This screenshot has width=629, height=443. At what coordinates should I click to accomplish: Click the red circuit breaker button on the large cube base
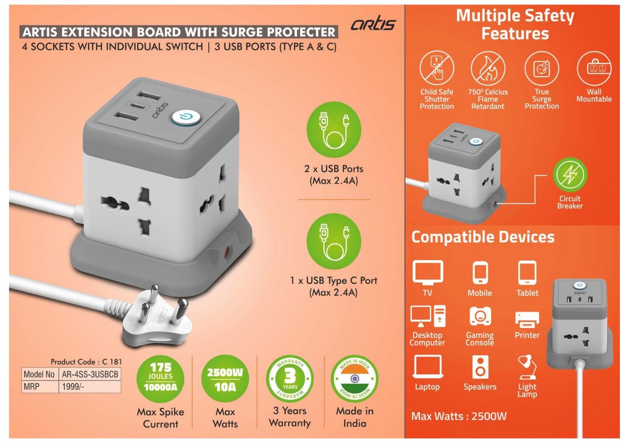(225, 252)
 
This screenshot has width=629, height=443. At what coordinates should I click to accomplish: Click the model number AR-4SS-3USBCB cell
(90, 374)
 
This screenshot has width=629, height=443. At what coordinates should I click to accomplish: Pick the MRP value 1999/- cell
(90, 387)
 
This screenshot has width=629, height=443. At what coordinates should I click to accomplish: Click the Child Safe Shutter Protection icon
(437, 68)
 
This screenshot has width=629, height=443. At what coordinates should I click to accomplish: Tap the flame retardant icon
(488, 68)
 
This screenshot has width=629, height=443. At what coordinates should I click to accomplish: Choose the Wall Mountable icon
(594, 68)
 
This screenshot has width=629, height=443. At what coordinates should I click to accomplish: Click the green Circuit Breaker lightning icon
(570, 174)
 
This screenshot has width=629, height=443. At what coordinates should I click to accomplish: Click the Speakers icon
(480, 367)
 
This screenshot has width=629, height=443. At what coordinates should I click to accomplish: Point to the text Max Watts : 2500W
(459, 416)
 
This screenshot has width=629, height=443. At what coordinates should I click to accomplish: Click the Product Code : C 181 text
(86, 362)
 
